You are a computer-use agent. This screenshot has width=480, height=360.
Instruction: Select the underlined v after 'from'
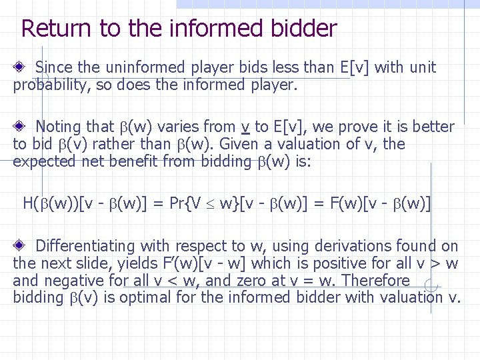[x=246, y=127]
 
